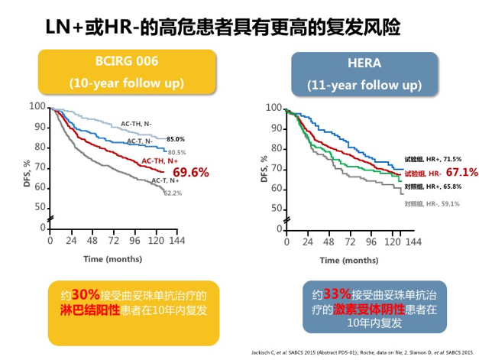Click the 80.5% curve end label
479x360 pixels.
[176, 152]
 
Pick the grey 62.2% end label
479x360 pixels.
[173, 193]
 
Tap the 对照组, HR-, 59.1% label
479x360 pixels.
[431, 203]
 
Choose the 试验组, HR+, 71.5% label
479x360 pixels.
[432, 156]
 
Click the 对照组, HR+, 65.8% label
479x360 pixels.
[431, 186]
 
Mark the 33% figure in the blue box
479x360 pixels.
[337, 294]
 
